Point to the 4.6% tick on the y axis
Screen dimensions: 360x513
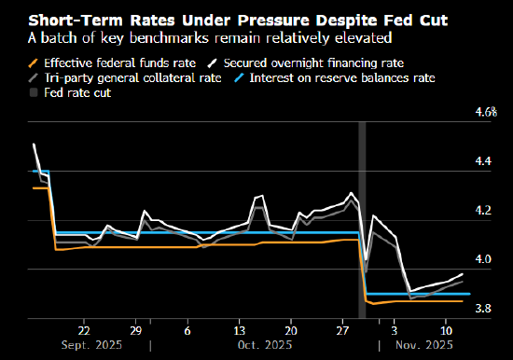point(486,113)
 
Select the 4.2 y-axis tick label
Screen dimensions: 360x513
point(484,211)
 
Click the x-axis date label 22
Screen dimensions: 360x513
point(84,330)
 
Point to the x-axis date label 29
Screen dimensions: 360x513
point(135,330)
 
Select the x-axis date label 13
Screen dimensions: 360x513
point(239,330)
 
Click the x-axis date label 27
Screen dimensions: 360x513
point(342,330)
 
